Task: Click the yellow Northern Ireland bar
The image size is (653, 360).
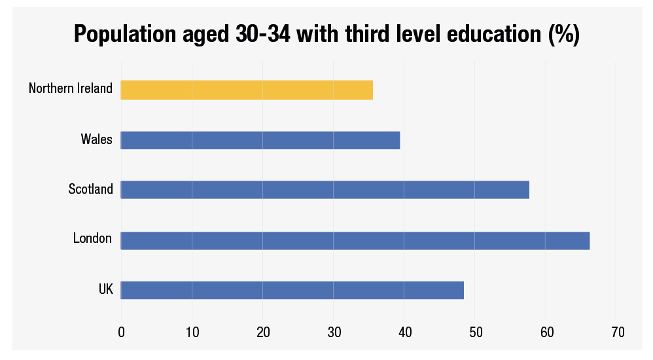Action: [247, 90]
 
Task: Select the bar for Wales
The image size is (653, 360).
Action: [260, 140]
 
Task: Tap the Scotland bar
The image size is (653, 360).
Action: [325, 190]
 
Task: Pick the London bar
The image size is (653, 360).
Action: [355, 240]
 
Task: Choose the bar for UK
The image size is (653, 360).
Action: [292, 290]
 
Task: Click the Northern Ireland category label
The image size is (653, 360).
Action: [71, 88]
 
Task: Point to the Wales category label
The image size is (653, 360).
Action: [97, 139]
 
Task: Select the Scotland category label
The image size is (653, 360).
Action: [91, 189]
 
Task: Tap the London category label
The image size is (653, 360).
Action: [93, 239]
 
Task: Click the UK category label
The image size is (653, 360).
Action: [106, 289]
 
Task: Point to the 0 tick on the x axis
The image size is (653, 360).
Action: [121, 333]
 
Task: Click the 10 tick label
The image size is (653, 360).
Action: [192, 333]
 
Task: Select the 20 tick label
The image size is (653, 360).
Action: [262, 333]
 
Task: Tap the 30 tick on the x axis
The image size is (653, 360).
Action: [333, 333]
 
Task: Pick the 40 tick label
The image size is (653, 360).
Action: [404, 333]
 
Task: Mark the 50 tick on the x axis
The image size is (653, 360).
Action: [475, 333]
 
